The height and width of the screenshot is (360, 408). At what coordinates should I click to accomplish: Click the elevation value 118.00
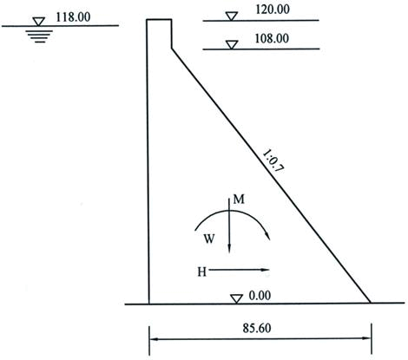(73, 17)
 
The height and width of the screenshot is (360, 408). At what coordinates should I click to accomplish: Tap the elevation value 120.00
(273, 10)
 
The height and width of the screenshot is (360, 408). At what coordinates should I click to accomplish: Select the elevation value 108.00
(272, 39)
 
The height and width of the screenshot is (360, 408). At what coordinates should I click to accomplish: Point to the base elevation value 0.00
(260, 296)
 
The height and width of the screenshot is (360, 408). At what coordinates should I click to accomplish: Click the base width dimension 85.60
(257, 328)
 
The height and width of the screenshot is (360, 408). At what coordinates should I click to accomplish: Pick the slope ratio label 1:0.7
(273, 160)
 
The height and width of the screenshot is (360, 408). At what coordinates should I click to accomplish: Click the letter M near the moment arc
(239, 200)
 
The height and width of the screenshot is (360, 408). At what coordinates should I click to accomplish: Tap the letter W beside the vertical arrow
(209, 239)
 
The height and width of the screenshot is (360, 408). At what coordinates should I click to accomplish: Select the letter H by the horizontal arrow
(202, 272)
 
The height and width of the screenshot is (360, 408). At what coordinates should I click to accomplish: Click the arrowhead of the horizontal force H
(265, 270)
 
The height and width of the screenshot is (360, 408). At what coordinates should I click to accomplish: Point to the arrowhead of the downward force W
(229, 249)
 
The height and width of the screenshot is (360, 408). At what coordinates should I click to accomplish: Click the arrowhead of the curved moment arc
(267, 236)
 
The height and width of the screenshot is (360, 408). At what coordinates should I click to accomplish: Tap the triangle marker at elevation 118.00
(38, 22)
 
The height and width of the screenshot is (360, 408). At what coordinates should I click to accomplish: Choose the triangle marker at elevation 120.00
(232, 16)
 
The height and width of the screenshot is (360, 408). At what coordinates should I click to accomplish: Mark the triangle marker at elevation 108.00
(232, 45)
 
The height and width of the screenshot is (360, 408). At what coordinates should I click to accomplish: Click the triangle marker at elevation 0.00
(236, 299)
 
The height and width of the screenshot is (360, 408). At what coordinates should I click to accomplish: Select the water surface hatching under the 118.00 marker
(39, 36)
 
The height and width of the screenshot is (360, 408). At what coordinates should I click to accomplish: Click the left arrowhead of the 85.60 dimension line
(154, 339)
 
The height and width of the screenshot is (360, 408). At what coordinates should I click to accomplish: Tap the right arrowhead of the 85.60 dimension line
(366, 338)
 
